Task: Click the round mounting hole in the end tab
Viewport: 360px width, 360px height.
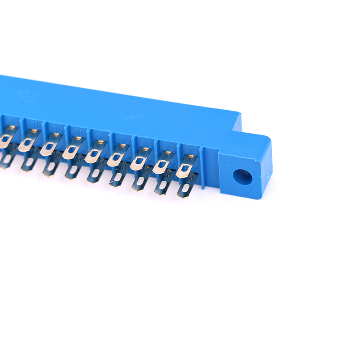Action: [x=242, y=177]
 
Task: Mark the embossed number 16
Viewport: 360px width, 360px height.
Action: [x=55, y=128]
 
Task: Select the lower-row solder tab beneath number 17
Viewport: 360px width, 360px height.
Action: [x=72, y=170]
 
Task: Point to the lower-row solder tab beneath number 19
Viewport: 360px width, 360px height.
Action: [x=117, y=177]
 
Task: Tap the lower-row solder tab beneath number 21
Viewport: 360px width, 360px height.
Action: [x=163, y=184]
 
